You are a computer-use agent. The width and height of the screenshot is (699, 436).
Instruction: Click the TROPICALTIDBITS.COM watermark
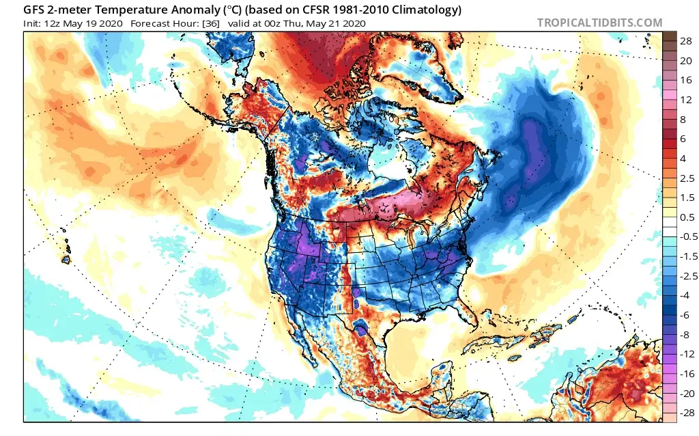click(x=599, y=23)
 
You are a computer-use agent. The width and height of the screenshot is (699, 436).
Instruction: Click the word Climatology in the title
click(x=422, y=10)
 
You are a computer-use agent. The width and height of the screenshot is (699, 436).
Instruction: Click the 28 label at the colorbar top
click(x=687, y=40)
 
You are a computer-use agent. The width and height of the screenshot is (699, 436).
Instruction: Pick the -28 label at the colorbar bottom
click(x=685, y=412)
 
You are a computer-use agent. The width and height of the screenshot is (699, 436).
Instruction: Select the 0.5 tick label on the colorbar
click(x=687, y=217)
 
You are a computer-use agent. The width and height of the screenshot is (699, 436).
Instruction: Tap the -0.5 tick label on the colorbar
click(x=685, y=236)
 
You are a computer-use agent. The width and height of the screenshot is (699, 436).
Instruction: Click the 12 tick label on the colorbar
click(x=687, y=99)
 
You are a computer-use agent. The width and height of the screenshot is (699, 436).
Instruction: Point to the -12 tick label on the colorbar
click(x=685, y=353)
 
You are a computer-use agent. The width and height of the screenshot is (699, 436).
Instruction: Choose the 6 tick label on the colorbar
click(x=687, y=138)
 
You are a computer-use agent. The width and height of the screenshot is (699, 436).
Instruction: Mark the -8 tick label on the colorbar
click(x=685, y=334)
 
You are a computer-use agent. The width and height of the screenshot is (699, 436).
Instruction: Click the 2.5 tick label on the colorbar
click(x=687, y=178)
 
